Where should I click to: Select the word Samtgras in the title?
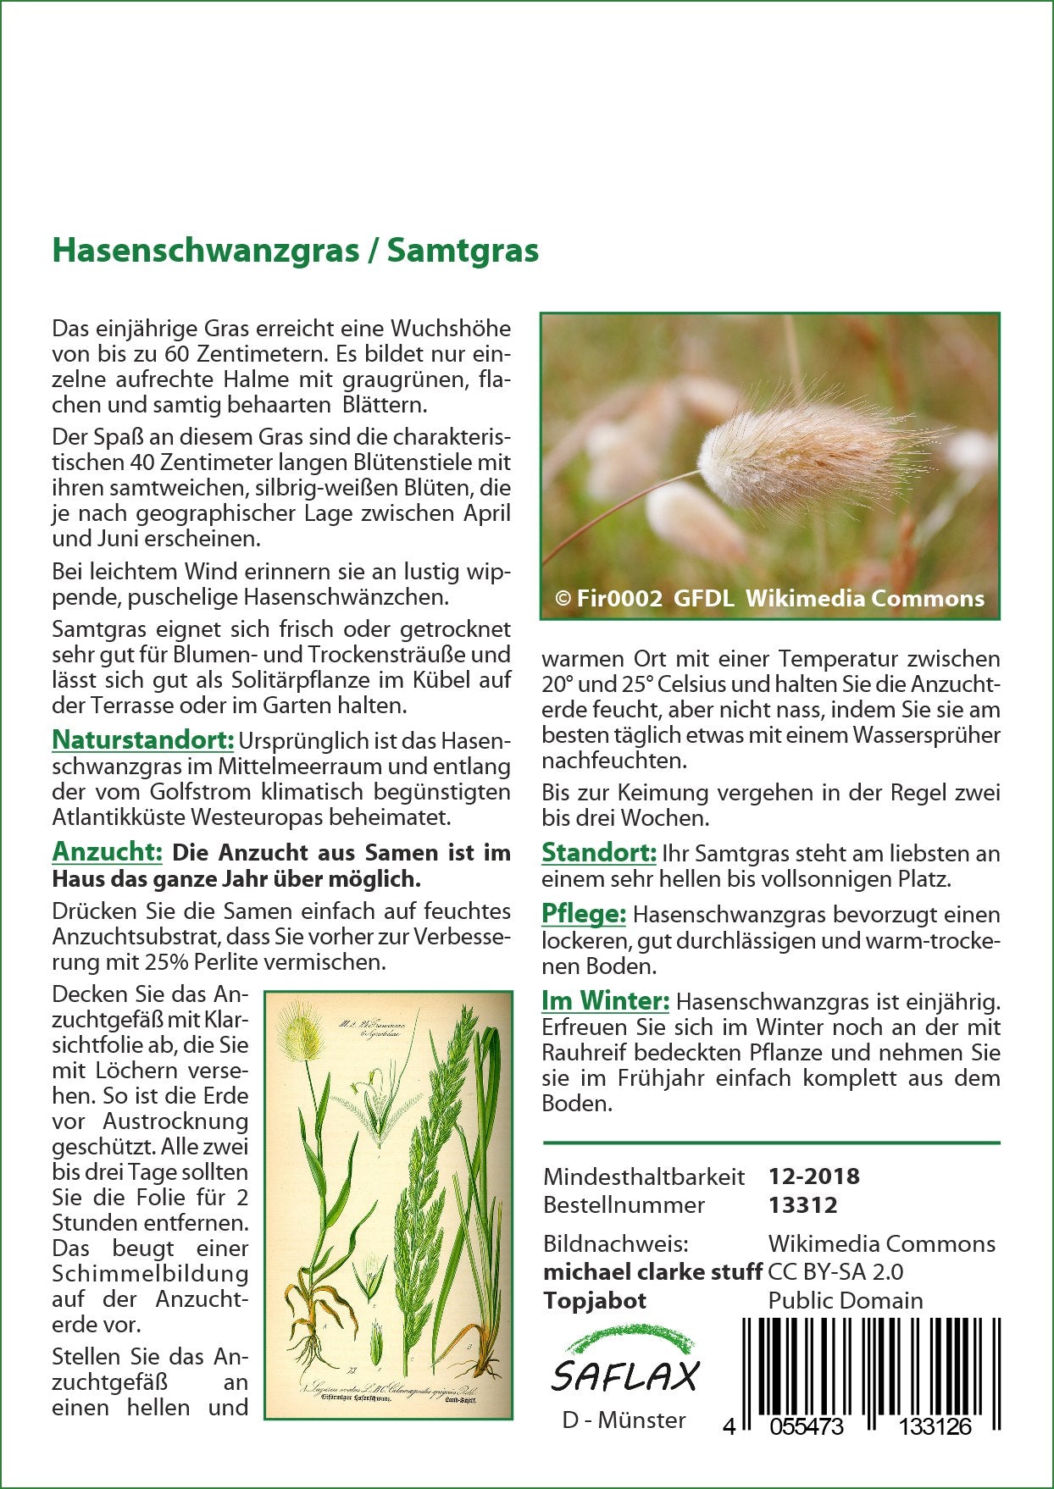[x=463, y=252]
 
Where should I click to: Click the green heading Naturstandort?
[x=142, y=739]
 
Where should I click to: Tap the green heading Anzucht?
[x=107, y=851]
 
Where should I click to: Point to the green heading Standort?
[x=598, y=852]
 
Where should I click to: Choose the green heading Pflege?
[x=584, y=914]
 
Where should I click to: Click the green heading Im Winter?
[x=605, y=1001]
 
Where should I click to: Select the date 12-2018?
[x=813, y=1176]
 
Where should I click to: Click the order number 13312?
[x=802, y=1204]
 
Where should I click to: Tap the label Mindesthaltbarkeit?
[x=644, y=1176]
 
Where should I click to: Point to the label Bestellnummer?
[x=624, y=1204]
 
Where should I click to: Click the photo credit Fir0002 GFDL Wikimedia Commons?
[x=769, y=599]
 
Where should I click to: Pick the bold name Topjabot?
[x=595, y=1300]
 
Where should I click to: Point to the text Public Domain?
[x=846, y=1300]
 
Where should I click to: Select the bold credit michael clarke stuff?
[x=652, y=1271]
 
